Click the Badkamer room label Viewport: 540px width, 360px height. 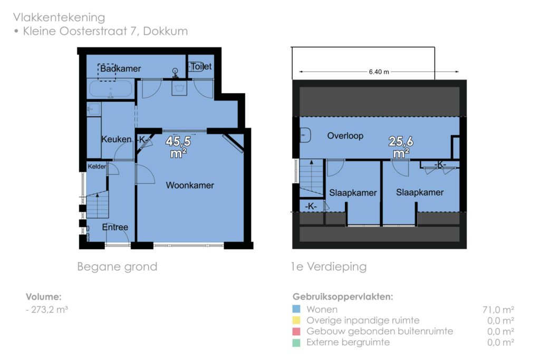(121, 69)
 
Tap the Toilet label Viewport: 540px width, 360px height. (201, 66)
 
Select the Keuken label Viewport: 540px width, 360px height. (117, 139)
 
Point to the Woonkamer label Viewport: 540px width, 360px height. (190, 185)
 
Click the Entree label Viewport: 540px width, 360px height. (115, 227)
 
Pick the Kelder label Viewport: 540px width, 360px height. (97, 167)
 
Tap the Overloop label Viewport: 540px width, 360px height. (345, 135)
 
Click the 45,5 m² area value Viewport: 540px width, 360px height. (178, 147)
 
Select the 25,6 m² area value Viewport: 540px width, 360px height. (401, 147)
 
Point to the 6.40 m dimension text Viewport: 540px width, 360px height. (379, 72)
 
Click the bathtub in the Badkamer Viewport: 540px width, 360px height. (111, 89)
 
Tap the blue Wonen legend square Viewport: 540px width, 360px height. (296, 309)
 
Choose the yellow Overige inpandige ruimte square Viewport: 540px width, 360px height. (296, 320)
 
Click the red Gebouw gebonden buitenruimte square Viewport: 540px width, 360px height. (296, 332)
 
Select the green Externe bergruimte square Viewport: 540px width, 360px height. (296, 343)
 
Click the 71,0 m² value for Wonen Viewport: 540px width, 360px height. (498, 309)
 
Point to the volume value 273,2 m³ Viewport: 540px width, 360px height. (49, 309)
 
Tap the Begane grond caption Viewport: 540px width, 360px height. (117, 267)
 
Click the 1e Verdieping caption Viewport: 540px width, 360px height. (329, 267)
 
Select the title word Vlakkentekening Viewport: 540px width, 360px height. (59, 17)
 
